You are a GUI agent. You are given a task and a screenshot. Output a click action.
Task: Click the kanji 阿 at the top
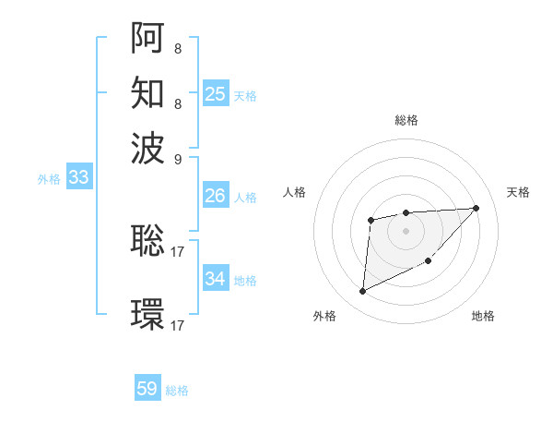tap(147, 38)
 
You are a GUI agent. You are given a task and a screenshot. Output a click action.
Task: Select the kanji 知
tap(147, 92)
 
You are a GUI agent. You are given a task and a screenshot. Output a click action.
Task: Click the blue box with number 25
tap(216, 94)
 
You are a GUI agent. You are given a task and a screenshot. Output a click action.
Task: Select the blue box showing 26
tap(216, 196)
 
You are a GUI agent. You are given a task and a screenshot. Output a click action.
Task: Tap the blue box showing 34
tap(216, 278)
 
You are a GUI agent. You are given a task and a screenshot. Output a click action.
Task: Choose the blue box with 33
tap(78, 178)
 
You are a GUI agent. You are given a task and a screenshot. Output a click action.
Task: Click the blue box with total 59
tap(147, 389)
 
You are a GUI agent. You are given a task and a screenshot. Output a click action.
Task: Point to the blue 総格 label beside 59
tap(177, 391)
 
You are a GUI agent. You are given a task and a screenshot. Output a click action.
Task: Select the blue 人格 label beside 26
tap(245, 198)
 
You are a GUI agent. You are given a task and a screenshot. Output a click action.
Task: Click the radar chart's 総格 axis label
tap(406, 120)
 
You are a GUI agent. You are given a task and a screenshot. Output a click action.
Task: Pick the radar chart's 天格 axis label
tap(518, 192)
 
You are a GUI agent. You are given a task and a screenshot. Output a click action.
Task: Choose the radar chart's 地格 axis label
tap(483, 316)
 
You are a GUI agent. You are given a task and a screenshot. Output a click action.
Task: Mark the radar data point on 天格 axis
tap(477, 208)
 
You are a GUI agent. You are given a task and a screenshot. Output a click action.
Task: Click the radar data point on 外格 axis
tap(362, 292)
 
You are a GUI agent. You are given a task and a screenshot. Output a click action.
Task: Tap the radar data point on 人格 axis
tap(371, 220)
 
